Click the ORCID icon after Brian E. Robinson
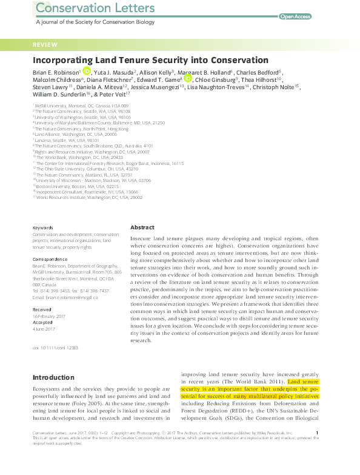87,72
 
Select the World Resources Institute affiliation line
89,197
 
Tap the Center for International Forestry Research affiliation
110,163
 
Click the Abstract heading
142,227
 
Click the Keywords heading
43,228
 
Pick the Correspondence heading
49,259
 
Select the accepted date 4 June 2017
44,329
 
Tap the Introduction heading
53,377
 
